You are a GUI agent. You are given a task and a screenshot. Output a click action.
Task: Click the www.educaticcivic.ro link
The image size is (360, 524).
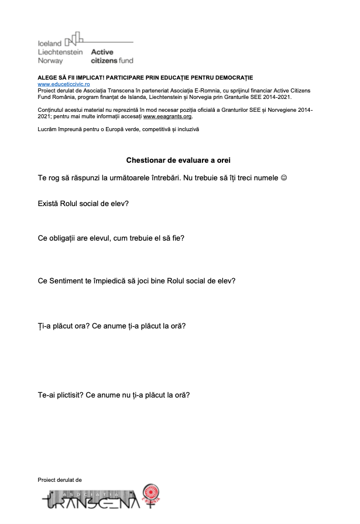pos(64,84)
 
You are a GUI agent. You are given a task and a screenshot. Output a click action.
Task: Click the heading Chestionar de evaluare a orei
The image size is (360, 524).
pos(182,160)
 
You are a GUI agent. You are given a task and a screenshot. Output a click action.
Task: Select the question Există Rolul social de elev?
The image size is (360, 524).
pos(83,204)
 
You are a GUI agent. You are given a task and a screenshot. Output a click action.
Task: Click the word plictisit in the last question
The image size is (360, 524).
pos(70,395)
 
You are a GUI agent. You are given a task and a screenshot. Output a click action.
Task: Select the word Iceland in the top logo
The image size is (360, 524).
pos(49,44)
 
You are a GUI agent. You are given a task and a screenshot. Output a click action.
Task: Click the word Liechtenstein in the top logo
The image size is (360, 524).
pos(60,52)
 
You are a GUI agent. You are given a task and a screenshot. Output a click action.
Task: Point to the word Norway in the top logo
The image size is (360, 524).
pos(50,60)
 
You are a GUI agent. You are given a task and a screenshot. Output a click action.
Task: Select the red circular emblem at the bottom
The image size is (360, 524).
pos(152,494)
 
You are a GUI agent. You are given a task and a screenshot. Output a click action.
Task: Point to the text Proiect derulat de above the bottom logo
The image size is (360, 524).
pos(60,480)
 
